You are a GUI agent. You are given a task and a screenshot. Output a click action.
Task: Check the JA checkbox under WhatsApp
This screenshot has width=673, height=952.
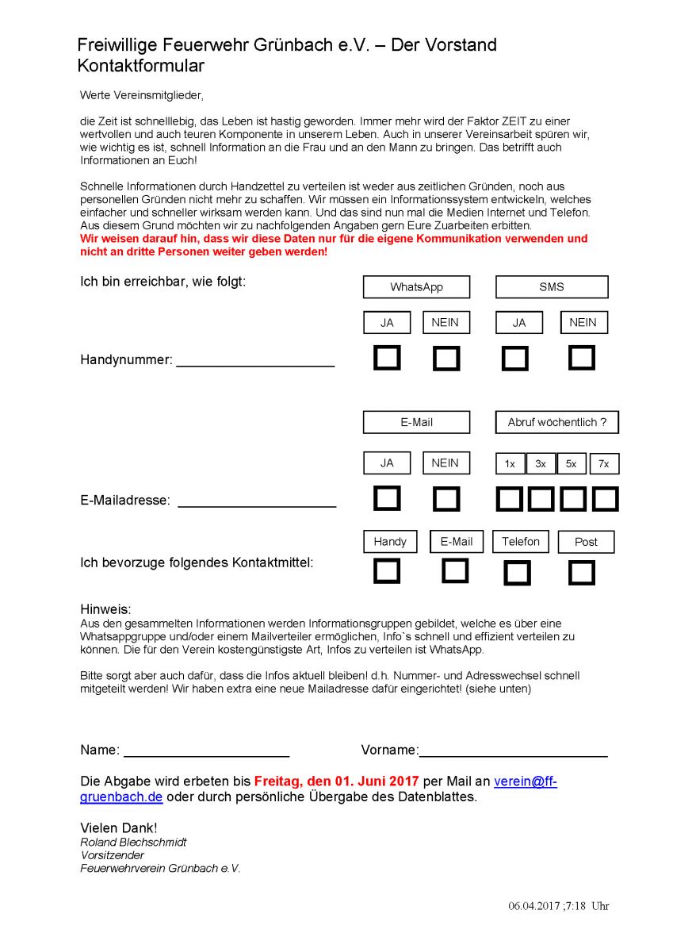point(387,359)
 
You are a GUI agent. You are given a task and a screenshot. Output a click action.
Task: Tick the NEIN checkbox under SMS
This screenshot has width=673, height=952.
point(582,358)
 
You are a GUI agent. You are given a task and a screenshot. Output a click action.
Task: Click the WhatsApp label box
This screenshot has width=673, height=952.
point(416,287)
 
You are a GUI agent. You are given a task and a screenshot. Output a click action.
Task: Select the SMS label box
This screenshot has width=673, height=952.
point(552,287)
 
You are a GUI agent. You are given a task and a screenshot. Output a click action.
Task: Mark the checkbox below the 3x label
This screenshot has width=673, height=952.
point(541,499)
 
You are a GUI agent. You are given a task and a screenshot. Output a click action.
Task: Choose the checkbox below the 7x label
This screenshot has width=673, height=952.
point(605,499)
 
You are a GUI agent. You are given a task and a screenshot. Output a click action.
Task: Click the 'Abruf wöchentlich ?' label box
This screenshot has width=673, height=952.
point(556,422)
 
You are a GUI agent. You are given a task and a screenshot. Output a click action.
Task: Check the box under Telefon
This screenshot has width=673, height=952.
point(517,573)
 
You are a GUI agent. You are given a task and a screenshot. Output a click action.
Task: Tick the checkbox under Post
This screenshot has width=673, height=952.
point(582,573)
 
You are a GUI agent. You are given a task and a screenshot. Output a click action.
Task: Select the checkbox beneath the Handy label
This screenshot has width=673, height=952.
point(387,571)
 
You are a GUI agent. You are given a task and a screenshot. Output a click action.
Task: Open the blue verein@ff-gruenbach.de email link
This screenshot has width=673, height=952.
point(525,781)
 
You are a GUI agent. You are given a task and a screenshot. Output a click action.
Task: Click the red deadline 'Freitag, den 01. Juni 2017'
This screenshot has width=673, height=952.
point(336,781)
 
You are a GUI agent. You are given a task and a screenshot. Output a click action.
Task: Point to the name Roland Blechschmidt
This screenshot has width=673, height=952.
point(133,842)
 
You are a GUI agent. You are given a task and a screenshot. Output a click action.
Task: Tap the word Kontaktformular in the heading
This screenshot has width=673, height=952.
point(140,66)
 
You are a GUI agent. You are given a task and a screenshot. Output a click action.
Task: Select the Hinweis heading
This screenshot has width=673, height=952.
point(105,609)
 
